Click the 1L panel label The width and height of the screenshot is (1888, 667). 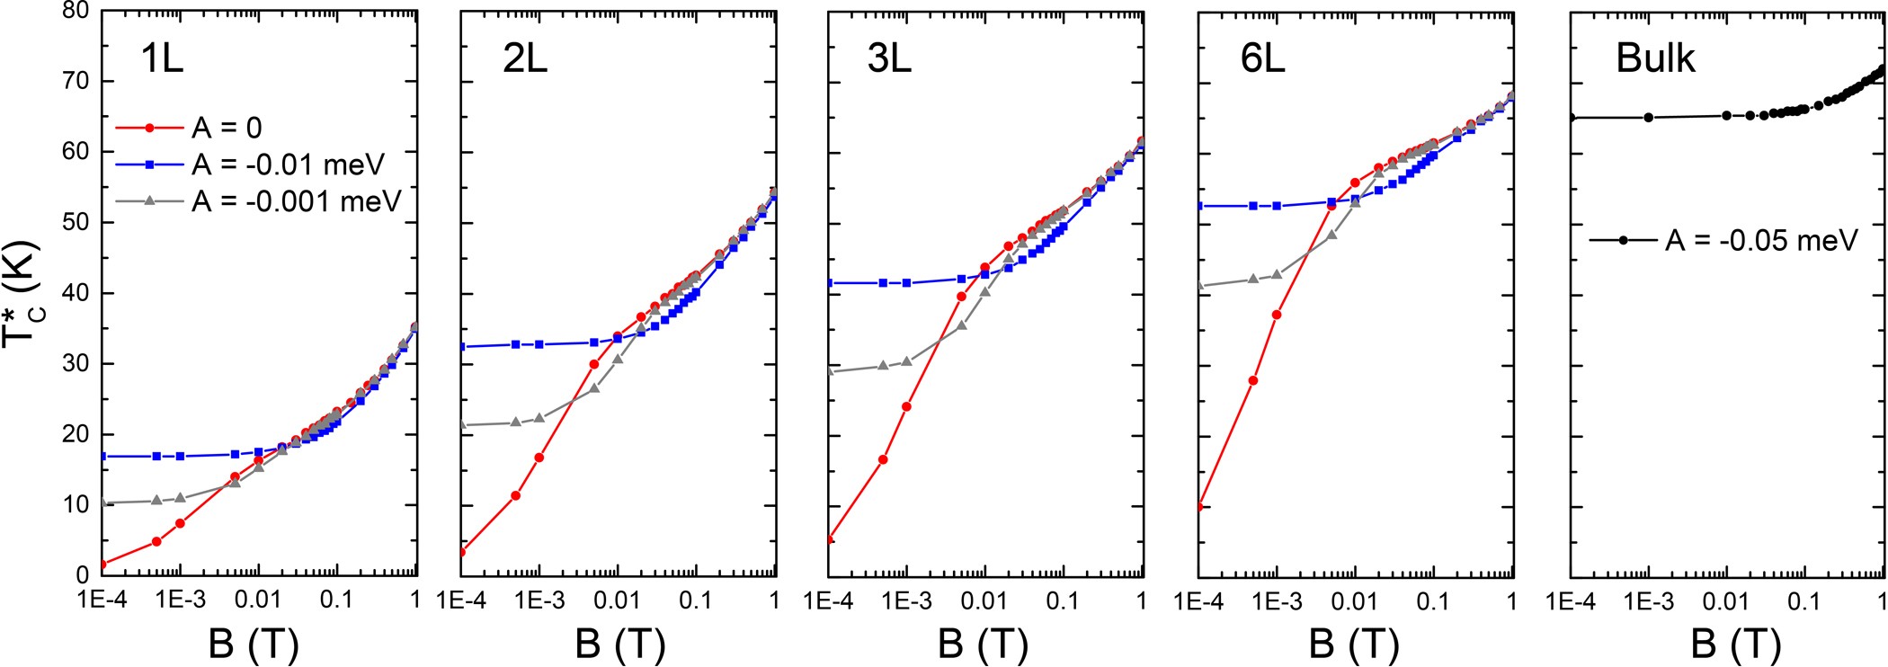(162, 59)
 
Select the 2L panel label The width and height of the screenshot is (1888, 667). (525, 59)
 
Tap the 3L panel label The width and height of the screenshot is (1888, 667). (889, 59)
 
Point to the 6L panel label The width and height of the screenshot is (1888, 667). (1262, 59)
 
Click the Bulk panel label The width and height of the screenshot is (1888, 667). (1655, 59)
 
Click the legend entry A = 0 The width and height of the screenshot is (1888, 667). (227, 129)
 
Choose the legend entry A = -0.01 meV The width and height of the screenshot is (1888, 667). (288, 165)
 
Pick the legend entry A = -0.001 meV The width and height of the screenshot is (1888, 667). (296, 201)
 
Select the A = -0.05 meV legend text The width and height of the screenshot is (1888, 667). (1761, 241)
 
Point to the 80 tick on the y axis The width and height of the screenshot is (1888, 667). (76, 11)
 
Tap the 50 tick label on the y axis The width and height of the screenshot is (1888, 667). (76, 223)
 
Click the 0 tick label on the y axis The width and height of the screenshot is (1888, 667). (83, 574)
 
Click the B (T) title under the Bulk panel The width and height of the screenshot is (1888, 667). (1735, 644)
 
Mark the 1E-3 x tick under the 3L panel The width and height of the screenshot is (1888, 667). (906, 600)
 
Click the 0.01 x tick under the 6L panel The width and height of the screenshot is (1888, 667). (1354, 600)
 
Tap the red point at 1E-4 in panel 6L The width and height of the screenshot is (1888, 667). (1199, 507)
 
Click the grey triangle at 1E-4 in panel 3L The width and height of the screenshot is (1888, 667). (830, 371)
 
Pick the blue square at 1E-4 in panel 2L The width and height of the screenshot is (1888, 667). (462, 347)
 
